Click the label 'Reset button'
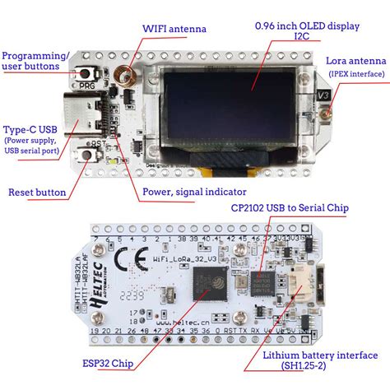37,192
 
